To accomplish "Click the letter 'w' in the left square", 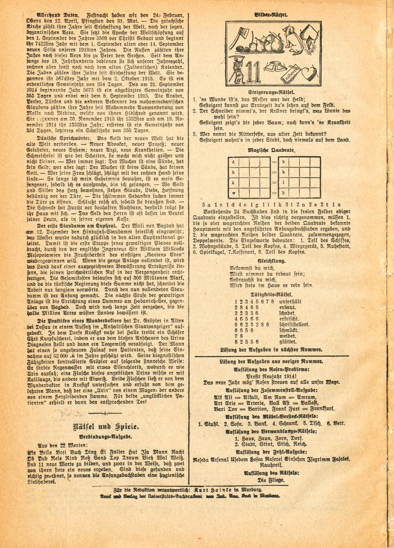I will pos(234,193).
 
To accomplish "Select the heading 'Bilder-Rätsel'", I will pos(271,15).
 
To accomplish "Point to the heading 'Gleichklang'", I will pos(272,261).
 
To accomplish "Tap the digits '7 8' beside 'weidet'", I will pos(240,336).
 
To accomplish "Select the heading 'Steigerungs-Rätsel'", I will pos(271,91).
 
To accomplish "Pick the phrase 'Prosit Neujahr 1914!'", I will pos(272,376).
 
